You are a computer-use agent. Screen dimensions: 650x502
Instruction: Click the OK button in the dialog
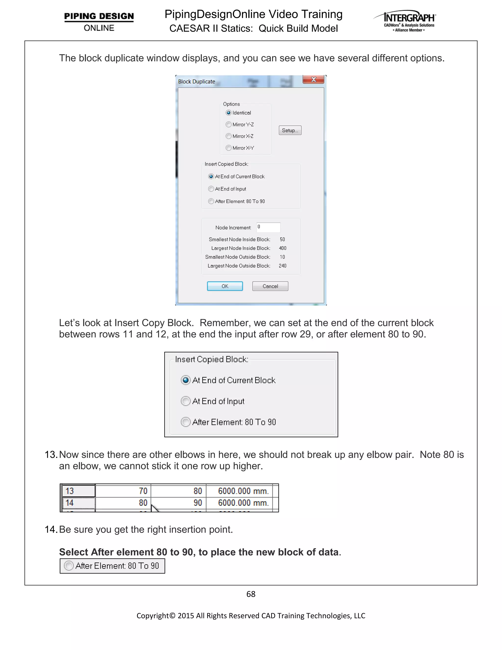pyautogui.click(x=225, y=286)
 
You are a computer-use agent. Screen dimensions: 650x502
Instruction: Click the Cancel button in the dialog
pyautogui.click(x=270, y=286)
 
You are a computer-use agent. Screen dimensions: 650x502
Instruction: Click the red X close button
pyautogui.click(x=313, y=79)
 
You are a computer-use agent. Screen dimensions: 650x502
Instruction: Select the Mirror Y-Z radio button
pyautogui.click(x=228, y=124)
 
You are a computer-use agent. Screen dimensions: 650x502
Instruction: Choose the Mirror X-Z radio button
pyautogui.click(x=228, y=136)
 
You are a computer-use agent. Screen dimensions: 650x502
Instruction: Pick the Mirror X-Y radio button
pyautogui.click(x=228, y=148)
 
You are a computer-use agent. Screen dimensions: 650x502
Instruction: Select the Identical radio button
pyautogui.click(x=228, y=113)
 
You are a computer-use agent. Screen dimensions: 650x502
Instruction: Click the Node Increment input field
pyautogui.click(x=268, y=227)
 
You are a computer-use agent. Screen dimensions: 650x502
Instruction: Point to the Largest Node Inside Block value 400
pyautogui.click(x=283, y=248)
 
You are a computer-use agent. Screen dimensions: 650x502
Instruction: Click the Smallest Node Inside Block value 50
pyautogui.click(x=282, y=239)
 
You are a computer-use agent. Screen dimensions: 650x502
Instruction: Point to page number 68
pyautogui.click(x=251, y=594)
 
